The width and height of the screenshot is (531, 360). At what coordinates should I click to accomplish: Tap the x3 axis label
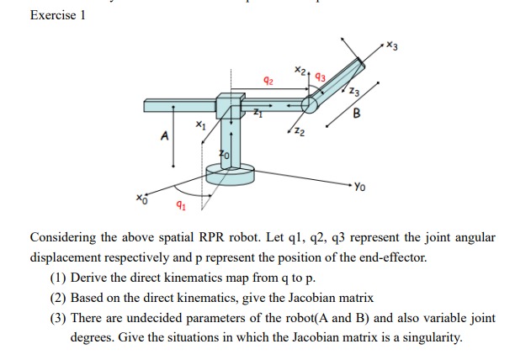pyautogui.click(x=392, y=45)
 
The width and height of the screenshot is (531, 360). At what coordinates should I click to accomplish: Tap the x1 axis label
pyautogui.click(x=199, y=125)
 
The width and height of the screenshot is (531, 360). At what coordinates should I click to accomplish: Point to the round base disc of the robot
pyautogui.click(x=229, y=177)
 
